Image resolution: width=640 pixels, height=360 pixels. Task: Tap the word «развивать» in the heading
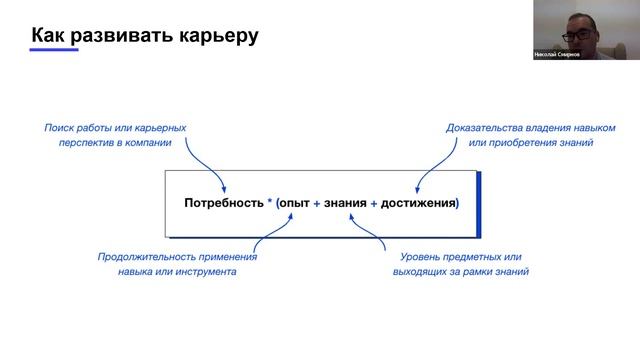[124, 35]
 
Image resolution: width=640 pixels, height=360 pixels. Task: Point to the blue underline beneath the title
[54, 51]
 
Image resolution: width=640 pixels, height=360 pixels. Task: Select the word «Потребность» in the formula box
[223, 203]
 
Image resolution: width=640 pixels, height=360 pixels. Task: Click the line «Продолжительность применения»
[177, 256]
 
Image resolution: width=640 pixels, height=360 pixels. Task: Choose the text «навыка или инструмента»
[177, 271]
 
